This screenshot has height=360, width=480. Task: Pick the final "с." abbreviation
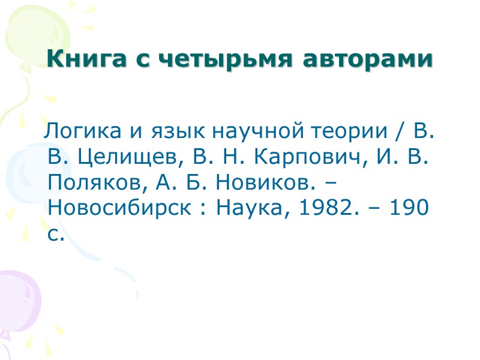click(55, 235)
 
